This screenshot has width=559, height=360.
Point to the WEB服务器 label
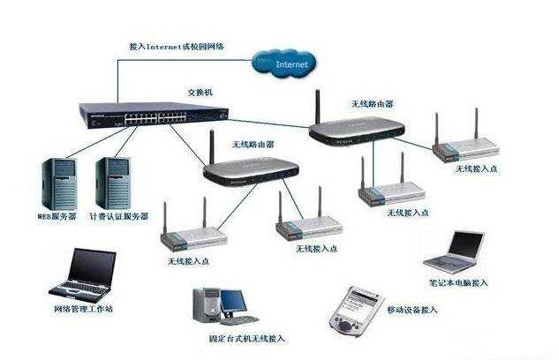click(58, 215)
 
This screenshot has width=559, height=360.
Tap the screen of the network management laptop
click(93, 267)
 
